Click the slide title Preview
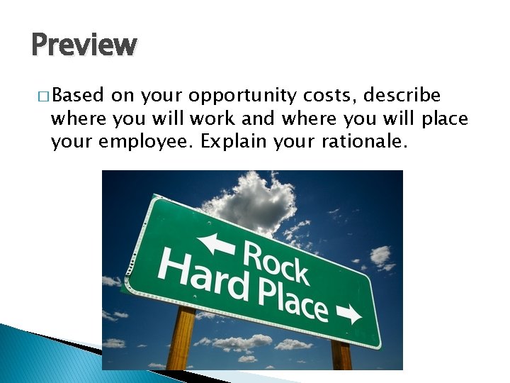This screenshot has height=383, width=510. (84, 45)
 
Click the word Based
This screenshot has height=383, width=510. (78, 96)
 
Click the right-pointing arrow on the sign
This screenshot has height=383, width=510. (348, 313)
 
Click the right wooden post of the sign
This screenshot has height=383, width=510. (341, 356)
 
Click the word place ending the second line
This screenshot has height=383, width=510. (444, 119)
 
